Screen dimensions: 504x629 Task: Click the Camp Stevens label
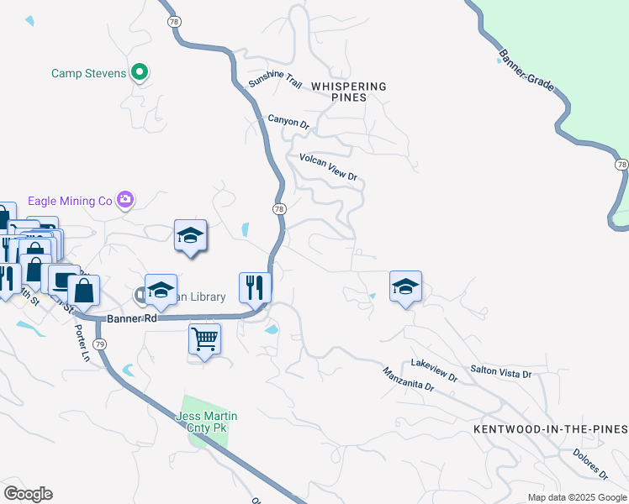(x=88, y=73)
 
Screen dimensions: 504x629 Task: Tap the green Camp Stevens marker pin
(x=141, y=73)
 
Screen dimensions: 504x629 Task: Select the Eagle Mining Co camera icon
(x=125, y=200)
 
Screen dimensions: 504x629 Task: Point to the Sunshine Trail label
(x=274, y=81)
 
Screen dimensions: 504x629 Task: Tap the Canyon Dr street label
(x=288, y=122)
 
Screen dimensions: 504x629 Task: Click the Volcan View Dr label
(x=329, y=166)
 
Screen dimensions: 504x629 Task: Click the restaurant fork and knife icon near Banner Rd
(x=254, y=288)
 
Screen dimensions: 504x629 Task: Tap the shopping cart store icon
(x=204, y=340)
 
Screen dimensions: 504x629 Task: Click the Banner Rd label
(x=133, y=319)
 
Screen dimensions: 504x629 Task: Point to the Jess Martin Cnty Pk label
(x=206, y=422)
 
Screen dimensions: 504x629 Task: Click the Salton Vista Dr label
(x=501, y=372)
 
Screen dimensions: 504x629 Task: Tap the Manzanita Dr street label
(x=408, y=381)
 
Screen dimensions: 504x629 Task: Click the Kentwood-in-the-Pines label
(x=550, y=428)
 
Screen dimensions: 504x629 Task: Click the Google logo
(x=28, y=494)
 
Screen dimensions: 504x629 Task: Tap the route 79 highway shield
(x=100, y=344)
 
